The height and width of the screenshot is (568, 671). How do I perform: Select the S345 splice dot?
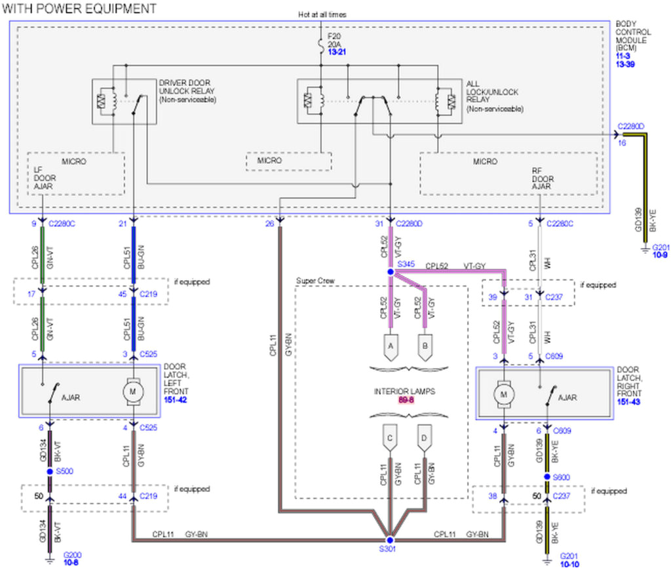pos(391,272)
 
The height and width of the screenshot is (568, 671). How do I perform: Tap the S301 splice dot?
pos(390,541)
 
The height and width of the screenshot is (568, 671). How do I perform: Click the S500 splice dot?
pos(50,472)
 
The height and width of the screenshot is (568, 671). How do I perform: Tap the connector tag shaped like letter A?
pos(391,346)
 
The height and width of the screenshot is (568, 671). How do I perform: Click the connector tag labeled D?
pos(425,437)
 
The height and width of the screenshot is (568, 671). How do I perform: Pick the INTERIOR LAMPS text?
pos(404,392)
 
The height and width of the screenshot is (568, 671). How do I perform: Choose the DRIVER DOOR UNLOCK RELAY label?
pos(187,91)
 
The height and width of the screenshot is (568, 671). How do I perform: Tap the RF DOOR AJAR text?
pos(543,178)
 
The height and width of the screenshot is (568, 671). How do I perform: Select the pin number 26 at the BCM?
pos(269,224)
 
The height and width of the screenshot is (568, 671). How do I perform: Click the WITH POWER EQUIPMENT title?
pos(79,9)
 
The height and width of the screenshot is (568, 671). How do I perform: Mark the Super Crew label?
pos(315,281)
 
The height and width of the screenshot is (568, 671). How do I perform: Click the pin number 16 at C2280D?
pos(621,142)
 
